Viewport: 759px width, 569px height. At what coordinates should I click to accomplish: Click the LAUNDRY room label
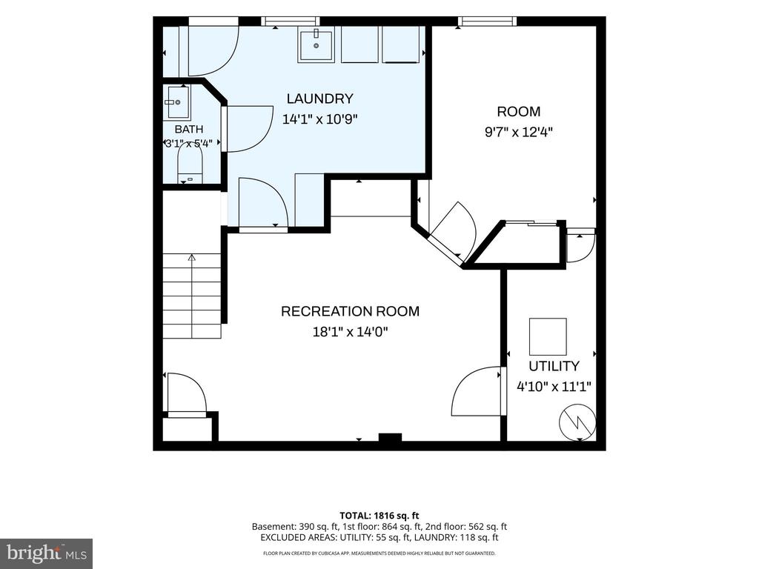pos(319,99)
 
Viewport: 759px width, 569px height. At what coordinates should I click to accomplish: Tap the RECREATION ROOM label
pos(350,311)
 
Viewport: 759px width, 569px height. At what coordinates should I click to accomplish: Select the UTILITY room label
pos(554,366)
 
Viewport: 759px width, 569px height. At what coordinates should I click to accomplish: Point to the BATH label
pos(189,129)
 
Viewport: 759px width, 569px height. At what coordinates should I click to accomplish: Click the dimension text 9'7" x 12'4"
pos(518,132)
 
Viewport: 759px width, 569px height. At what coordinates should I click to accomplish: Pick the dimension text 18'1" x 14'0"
pos(350,332)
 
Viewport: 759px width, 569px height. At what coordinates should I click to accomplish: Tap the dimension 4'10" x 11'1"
pos(554,387)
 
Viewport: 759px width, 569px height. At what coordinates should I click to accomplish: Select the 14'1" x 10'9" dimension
pos(319,119)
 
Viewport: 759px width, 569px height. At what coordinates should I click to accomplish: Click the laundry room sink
pos(316,45)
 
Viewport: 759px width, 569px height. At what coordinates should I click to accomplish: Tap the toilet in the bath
pos(189,164)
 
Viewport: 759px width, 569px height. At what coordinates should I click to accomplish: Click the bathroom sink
pos(178,102)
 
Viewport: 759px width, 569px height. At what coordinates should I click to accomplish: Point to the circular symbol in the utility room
pos(577,422)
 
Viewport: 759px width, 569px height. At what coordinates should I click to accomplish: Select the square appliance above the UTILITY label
pos(548,337)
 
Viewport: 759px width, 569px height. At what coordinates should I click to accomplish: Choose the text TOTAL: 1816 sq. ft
pos(379,516)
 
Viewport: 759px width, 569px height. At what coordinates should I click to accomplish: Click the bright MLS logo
pos(47,553)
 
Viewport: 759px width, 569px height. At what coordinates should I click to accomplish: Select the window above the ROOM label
pos(487,21)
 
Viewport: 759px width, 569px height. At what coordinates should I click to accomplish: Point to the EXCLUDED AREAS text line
pos(379,538)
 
